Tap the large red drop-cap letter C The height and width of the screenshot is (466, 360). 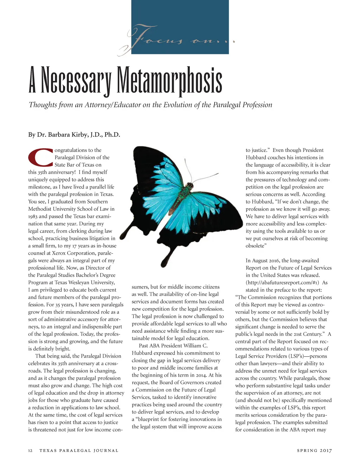[x=40, y=158]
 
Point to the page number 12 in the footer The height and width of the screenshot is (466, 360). [x=30, y=451]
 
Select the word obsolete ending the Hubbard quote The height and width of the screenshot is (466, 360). [x=255, y=246]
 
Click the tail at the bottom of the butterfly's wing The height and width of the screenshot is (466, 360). [x=165, y=262]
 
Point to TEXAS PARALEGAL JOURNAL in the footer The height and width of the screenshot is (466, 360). [x=79, y=451]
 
